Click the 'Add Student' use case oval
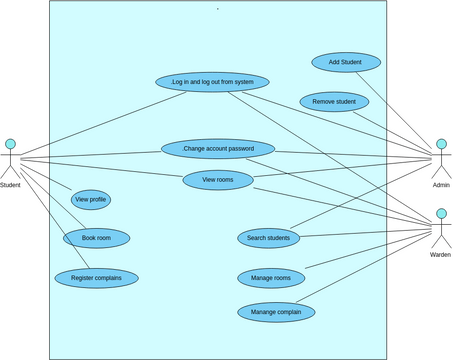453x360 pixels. click(346, 63)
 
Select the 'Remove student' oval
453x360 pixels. click(334, 102)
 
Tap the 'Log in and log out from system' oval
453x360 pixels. click(212, 82)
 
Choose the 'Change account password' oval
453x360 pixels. click(217, 149)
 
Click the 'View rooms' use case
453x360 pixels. click(218, 180)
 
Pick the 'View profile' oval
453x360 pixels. click(90, 200)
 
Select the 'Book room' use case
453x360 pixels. click(96, 238)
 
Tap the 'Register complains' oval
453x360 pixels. click(97, 277)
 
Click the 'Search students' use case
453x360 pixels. click(268, 238)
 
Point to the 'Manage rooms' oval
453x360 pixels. click(271, 277)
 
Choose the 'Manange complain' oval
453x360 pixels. click(276, 312)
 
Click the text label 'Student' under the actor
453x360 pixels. click(10, 185)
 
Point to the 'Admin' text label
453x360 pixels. click(441, 185)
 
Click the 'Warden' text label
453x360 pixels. click(440, 255)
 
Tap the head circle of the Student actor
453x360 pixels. click(10, 144)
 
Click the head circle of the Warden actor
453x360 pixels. click(441, 214)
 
